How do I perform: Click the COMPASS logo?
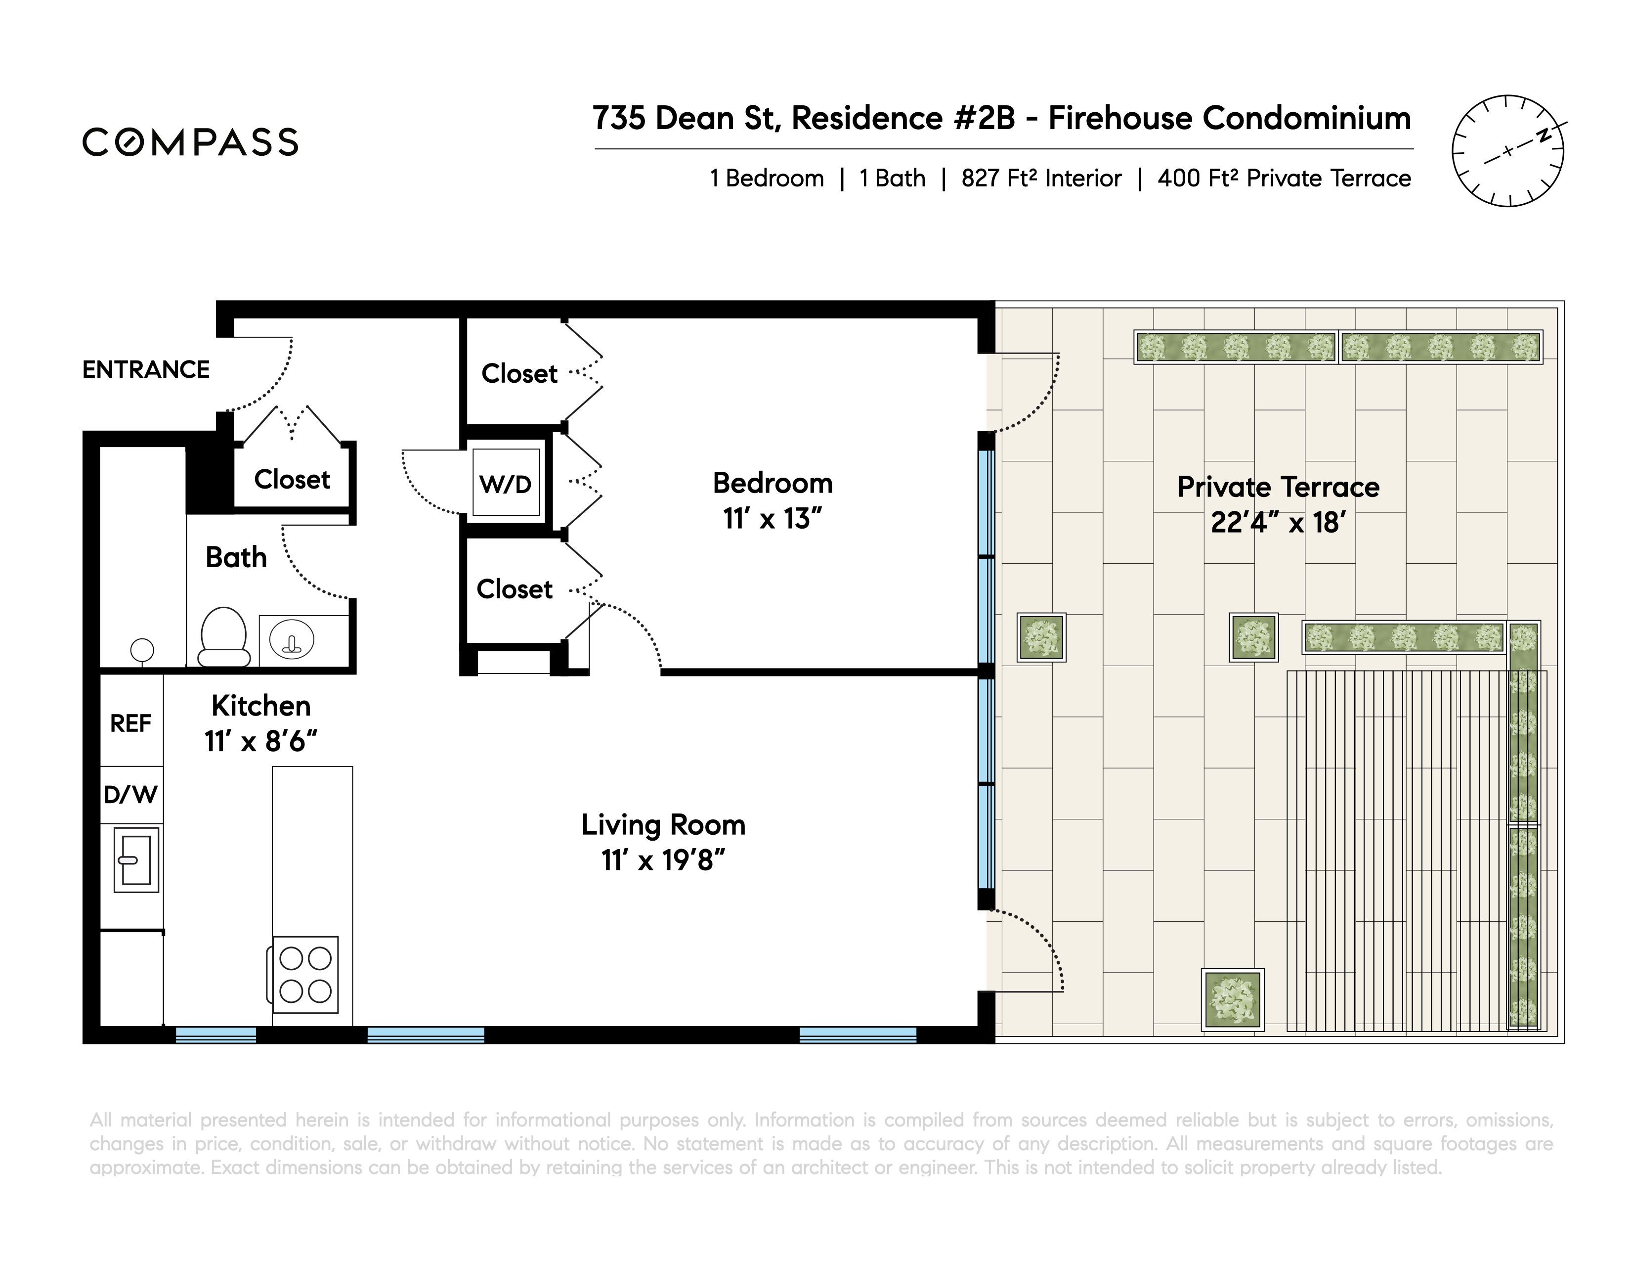[x=190, y=142]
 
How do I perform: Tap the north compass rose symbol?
[x=1508, y=151]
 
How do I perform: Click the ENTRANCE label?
[x=146, y=370]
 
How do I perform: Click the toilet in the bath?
[x=223, y=636]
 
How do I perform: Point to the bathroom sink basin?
[x=292, y=640]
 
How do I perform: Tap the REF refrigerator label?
[x=130, y=723]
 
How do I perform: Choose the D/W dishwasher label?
[x=130, y=794]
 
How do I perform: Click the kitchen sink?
[x=137, y=859]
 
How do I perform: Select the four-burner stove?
[x=304, y=975]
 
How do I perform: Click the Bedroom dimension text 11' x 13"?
[x=772, y=518]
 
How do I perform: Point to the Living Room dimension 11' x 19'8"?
[x=663, y=860]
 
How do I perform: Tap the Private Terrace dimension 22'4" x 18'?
[x=1279, y=522]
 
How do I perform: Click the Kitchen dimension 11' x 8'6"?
[x=260, y=741]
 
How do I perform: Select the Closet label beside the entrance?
[x=292, y=479]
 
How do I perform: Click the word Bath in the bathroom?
[x=236, y=557]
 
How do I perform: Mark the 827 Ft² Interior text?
[x=1041, y=178]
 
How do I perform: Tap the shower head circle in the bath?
[x=142, y=650]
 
